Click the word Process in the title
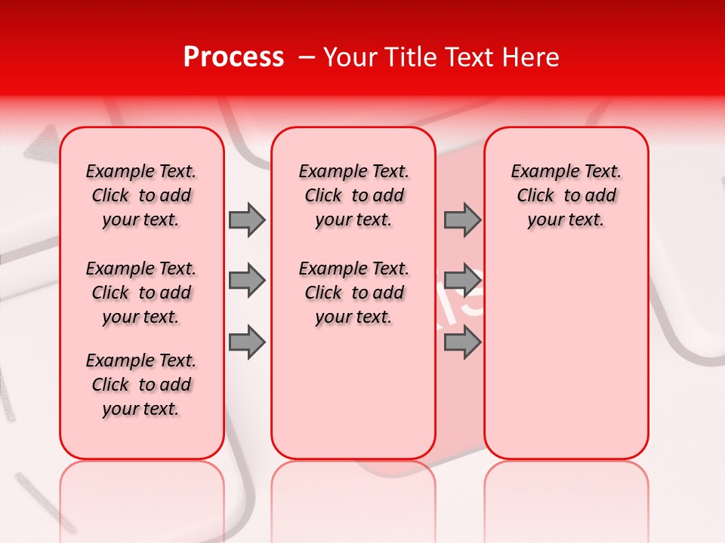pyautogui.click(x=233, y=57)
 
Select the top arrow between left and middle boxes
pyautogui.click(x=247, y=219)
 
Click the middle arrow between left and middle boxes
pyautogui.click(x=247, y=281)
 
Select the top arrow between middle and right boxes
pyautogui.click(x=462, y=219)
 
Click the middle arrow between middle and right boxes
pyautogui.click(x=462, y=281)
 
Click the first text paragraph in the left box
pyautogui.click(x=141, y=195)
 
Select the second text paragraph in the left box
pyautogui.click(x=141, y=293)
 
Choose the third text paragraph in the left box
pyautogui.click(x=141, y=385)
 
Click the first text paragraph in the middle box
pyautogui.click(x=353, y=195)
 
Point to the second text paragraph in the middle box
pyautogui.click(x=353, y=293)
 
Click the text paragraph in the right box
pyautogui.click(x=566, y=195)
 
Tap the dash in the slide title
pyautogui.click(x=307, y=57)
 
